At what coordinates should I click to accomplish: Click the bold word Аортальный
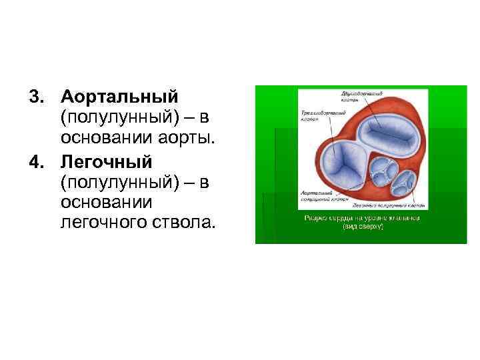pyautogui.click(x=120, y=97)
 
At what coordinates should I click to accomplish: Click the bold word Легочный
pyautogui.click(x=107, y=161)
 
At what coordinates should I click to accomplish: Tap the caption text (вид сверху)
pyautogui.click(x=363, y=227)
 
